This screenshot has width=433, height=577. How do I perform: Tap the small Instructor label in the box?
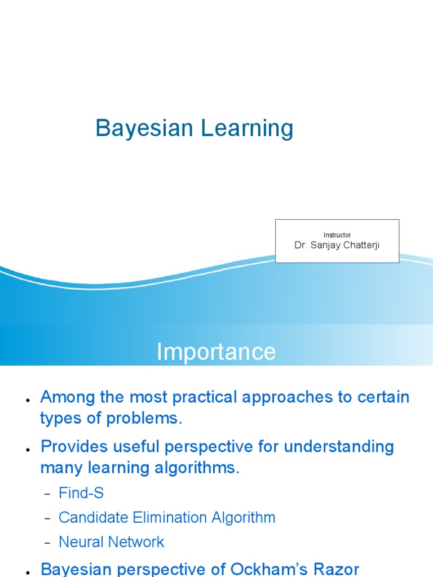tap(337, 235)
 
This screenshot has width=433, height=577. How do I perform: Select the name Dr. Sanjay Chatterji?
tap(337, 245)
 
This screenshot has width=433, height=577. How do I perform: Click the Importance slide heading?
tap(216, 352)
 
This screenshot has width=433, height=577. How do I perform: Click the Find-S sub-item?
tap(81, 493)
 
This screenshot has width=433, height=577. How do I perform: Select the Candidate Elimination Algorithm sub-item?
tap(167, 517)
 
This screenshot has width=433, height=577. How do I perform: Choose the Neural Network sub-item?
tap(112, 542)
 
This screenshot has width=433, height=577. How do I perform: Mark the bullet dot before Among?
tap(27, 400)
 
